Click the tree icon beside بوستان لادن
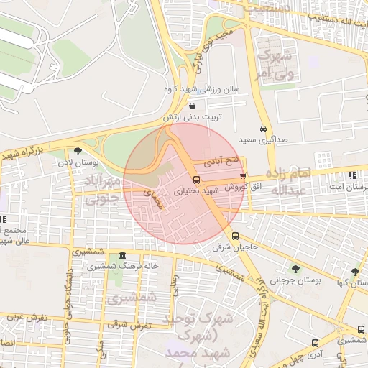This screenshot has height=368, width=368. tap(78, 151)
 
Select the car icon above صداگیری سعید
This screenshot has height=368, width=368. tap(263, 127)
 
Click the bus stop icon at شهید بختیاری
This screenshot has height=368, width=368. tap(197, 180)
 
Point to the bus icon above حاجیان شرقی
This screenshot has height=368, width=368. tap(235, 236)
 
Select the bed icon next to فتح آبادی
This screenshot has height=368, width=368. tap(242, 175)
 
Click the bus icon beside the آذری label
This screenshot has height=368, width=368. tap(314, 344)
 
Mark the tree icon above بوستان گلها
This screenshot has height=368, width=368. tap(355, 272)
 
